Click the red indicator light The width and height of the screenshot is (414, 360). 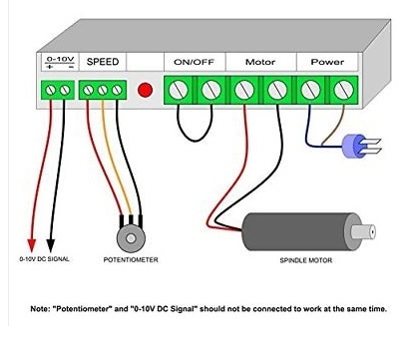[x=145, y=90]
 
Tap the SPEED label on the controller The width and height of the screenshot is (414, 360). [x=103, y=62]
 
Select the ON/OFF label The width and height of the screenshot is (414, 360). [x=195, y=62]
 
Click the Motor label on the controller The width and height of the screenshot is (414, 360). [x=260, y=62]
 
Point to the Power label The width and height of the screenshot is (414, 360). [x=327, y=62]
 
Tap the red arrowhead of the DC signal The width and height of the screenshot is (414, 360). [x=32, y=245]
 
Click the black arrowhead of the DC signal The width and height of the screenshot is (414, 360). [x=50, y=245]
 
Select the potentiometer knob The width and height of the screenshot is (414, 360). [x=131, y=238]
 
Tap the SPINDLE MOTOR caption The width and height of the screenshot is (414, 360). [x=306, y=260]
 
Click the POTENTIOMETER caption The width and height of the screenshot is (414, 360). [x=131, y=259]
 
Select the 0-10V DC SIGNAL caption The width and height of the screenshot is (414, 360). [x=45, y=259]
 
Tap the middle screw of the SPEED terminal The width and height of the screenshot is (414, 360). [x=103, y=90]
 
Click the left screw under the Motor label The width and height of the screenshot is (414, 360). [x=244, y=90]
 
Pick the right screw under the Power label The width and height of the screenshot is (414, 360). [x=343, y=90]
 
